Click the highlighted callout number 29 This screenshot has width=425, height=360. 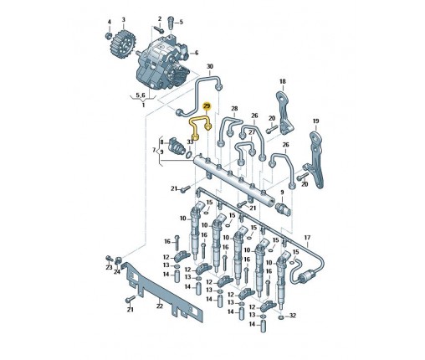tap(207, 106)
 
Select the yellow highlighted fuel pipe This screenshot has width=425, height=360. tap(200, 121)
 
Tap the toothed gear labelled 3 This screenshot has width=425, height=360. tap(123, 45)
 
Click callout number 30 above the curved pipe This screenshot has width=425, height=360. tap(210, 67)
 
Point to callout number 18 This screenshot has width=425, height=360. tap(283, 81)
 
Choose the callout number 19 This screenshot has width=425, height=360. tap(315, 121)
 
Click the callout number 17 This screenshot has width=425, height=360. tap(307, 238)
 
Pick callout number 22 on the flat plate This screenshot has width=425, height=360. tap(159, 306)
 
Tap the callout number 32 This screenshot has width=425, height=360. tap(292, 316)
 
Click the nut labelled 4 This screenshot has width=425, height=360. tap(109, 35)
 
